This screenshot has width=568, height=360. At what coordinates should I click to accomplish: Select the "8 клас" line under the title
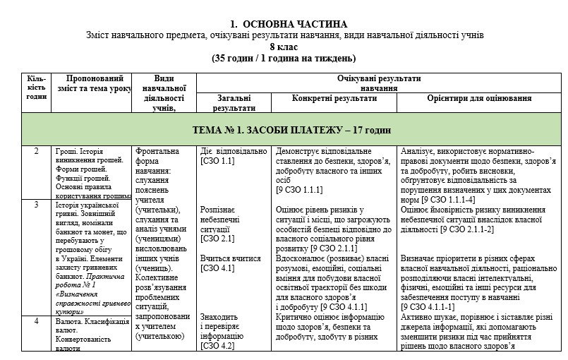[x=284, y=47]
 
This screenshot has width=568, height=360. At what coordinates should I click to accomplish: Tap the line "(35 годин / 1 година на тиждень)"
[x=284, y=58]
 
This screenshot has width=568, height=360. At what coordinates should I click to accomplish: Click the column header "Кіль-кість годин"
[x=35, y=88]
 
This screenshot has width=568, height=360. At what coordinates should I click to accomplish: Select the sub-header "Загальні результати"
[x=231, y=104]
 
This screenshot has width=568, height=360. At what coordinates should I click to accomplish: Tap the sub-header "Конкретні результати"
[x=334, y=99]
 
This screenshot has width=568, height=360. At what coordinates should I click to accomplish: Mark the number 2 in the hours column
[x=36, y=152]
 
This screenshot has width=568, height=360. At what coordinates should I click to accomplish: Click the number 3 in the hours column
[x=36, y=205]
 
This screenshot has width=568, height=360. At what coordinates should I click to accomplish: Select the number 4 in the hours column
[x=36, y=321]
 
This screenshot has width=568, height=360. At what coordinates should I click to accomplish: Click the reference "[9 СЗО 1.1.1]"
[x=300, y=189]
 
